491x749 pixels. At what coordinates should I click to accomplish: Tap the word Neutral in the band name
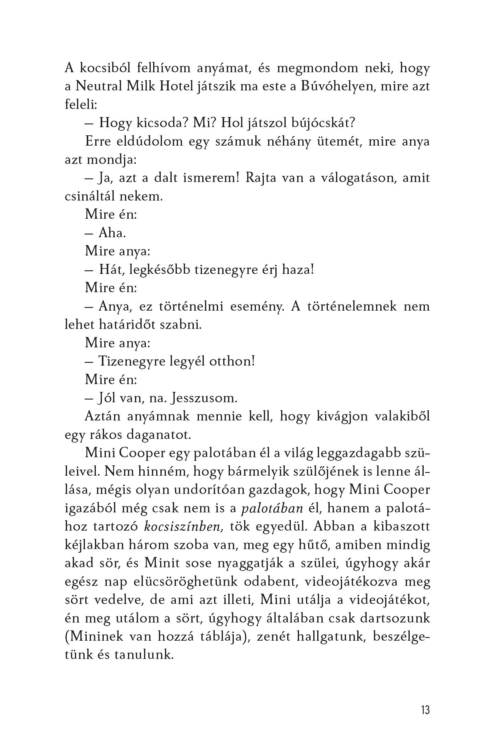(98, 86)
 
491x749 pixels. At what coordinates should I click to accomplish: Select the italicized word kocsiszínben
(183, 527)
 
